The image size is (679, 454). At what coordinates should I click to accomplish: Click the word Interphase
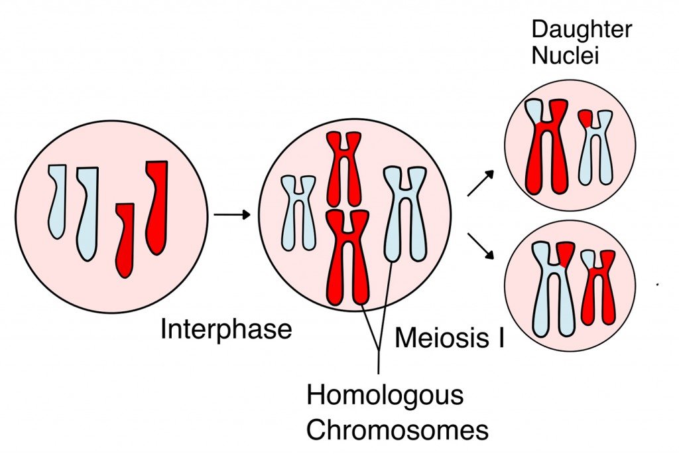tap(226, 330)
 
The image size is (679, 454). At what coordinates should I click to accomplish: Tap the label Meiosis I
tap(449, 338)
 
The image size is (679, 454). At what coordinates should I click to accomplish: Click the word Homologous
tap(384, 396)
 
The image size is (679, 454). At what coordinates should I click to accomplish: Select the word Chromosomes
tap(397, 430)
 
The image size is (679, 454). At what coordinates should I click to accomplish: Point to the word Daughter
tap(582, 29)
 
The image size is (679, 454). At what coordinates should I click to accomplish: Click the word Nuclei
tap(565, 55)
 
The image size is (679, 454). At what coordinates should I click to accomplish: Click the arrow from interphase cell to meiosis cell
tap(231, 214)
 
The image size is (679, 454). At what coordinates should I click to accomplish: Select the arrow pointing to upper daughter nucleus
tap(481, 183)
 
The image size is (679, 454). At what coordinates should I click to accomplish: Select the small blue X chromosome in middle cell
tap(298, 212)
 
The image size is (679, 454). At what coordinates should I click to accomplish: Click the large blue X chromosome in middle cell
tap(404, 212)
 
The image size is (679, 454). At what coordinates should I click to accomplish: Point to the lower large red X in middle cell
tap(347, 259)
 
